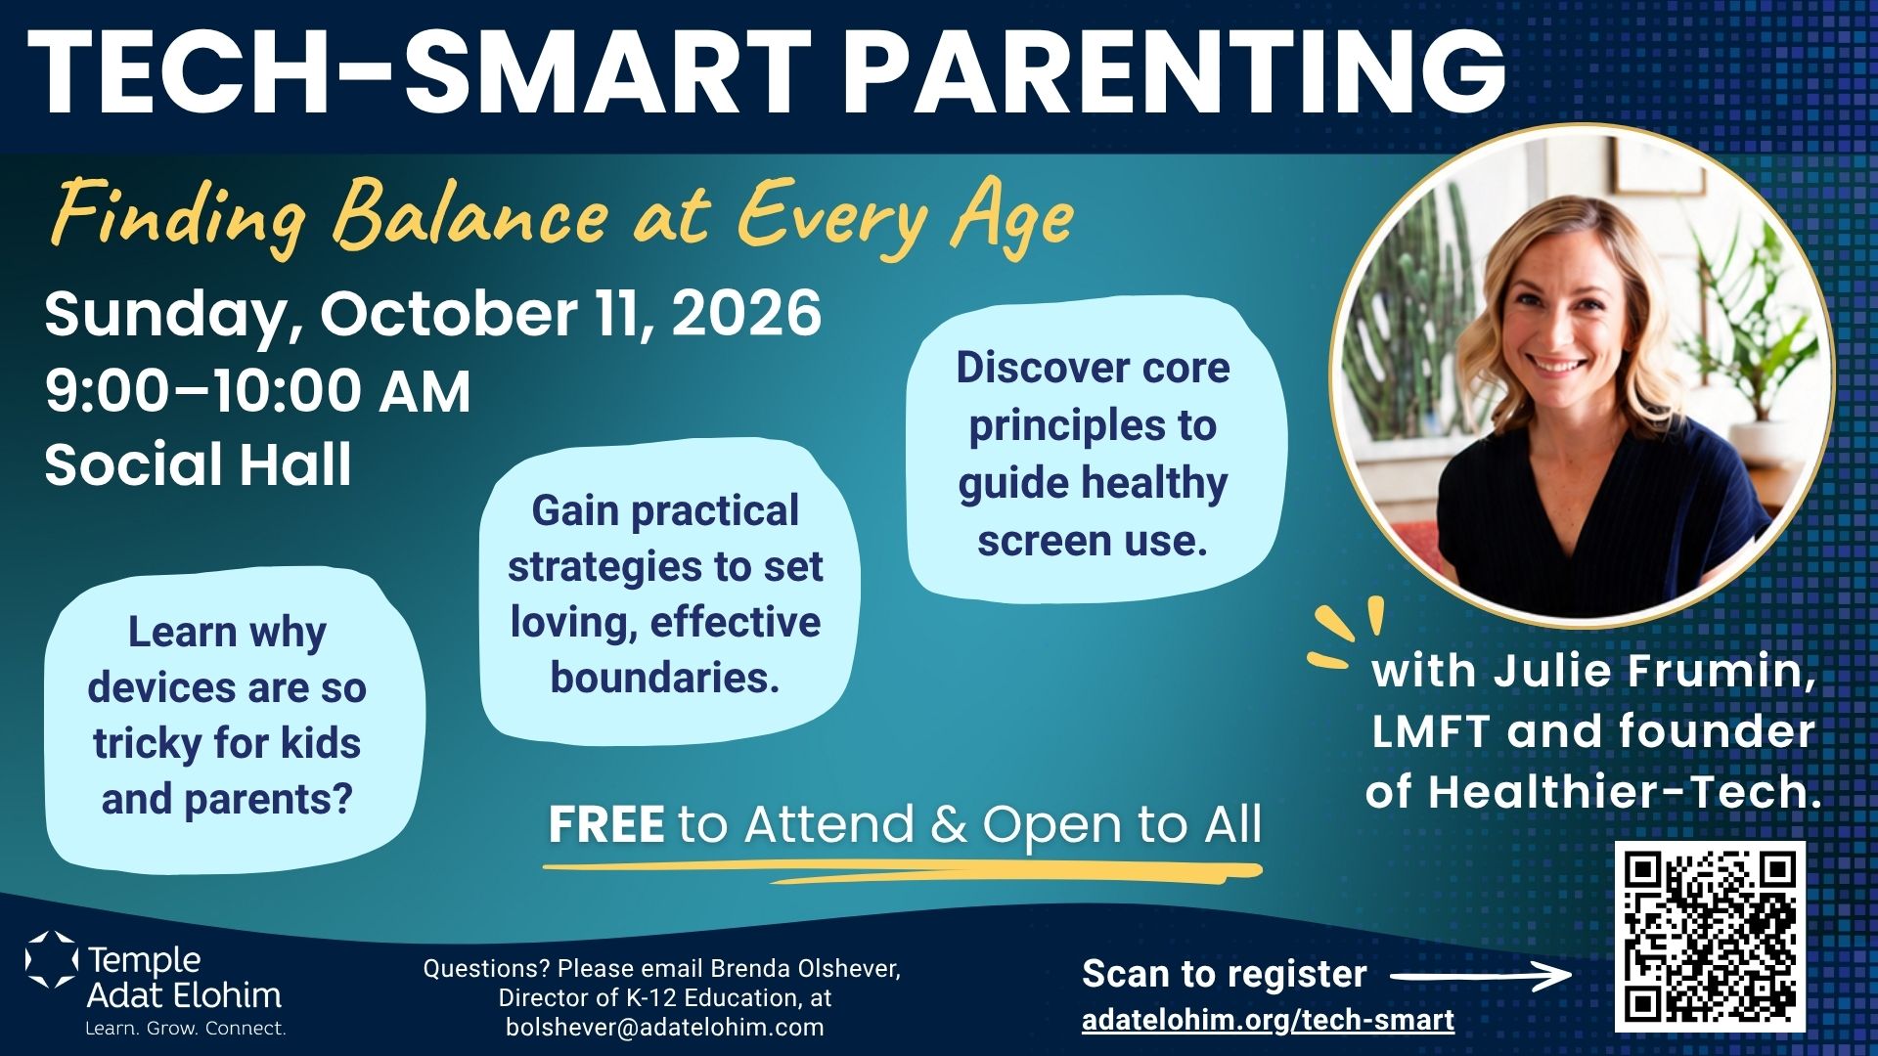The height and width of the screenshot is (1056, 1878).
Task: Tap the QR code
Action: tap(1710, 937)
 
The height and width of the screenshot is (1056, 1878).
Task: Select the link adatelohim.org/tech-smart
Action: tap(1268, 1020)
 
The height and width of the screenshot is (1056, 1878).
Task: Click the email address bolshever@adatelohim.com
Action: tap(664, 1027)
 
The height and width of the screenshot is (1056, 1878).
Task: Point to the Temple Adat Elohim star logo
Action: tap(51, 959)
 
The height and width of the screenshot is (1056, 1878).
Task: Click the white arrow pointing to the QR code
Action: tap(1481, 975)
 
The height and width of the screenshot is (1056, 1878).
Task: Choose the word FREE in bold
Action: tap(606, 824)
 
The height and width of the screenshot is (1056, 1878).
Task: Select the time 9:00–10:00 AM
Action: tap(257, 390)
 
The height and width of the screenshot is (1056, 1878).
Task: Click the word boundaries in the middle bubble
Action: tap(665, 677)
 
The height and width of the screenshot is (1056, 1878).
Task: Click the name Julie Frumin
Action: tap(1654, 671)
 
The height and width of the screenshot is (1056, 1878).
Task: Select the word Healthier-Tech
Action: tap(1625, 791)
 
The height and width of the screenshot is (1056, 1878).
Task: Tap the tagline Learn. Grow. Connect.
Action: tap(186, 1028)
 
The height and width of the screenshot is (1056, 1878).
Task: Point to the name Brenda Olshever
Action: tap(805, 968)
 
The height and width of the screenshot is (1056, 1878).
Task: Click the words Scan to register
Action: tap(1224, 974)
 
